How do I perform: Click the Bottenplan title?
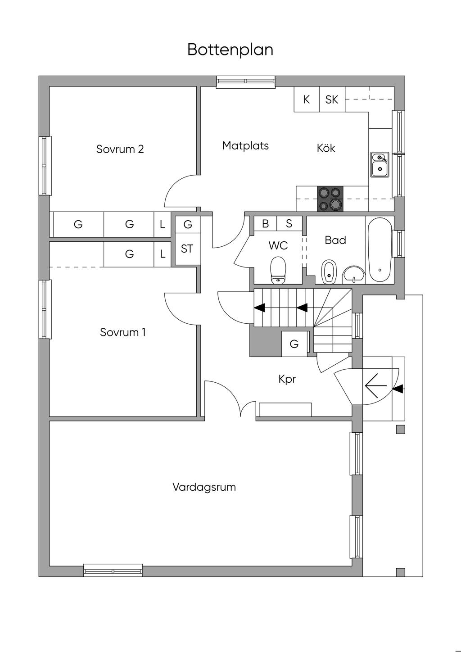230,50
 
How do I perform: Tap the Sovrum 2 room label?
120,149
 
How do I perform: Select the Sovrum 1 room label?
122,332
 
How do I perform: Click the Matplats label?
245,145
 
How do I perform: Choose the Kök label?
326,148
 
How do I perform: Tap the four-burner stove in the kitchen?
330,199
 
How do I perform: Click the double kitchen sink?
380,164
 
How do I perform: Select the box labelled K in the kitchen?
307,99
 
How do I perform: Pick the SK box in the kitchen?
332,99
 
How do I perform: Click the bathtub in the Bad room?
380,249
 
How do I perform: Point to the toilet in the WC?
278,271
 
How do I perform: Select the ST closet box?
188,249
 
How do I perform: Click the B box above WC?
265,223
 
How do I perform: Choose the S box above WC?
289,223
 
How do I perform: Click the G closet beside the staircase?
294,344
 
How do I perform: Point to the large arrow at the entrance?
376,386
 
